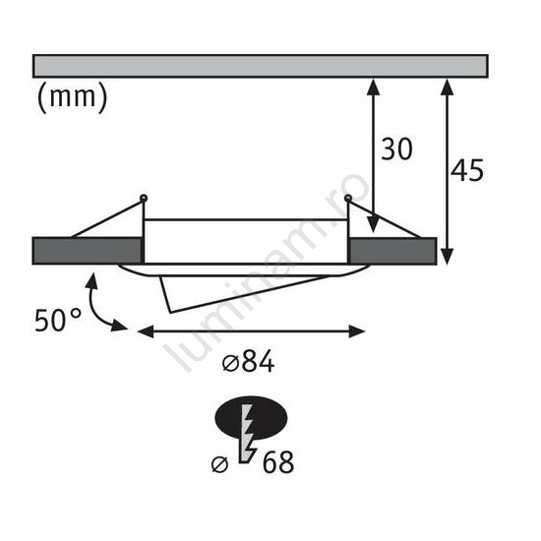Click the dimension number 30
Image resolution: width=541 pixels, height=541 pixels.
(x=396, y=149)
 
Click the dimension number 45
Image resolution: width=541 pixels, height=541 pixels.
(x=467, y=170)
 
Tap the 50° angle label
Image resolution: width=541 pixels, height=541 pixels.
(x=58, y=321)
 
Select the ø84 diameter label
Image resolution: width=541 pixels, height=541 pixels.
(x=249, y=362)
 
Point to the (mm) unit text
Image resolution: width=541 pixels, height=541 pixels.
(x=72, y=97)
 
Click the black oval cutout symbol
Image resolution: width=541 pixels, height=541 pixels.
(x=251, y=418)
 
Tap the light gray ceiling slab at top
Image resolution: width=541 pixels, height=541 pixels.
(x=260, y=66)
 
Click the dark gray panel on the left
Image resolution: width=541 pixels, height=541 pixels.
(x=88, y=251)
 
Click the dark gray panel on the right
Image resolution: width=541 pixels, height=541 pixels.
(x=392, y=251)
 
